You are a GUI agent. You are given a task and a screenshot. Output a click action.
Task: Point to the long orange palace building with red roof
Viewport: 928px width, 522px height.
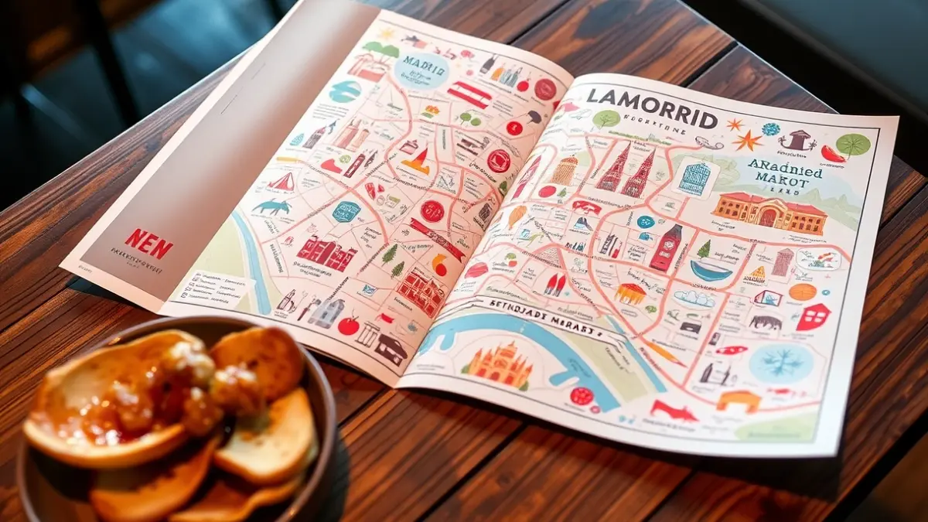pyautogui.click(x=769, y=212)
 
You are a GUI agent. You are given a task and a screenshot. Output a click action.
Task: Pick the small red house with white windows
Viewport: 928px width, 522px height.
pyautogui.click(x=813, y=316)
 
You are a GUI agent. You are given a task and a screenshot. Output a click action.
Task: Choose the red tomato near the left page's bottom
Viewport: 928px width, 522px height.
pyautogui.click(x=349, y=326)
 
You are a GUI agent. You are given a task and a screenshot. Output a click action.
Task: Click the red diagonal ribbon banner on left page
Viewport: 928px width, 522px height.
pyautogui.click(x=437, y=237)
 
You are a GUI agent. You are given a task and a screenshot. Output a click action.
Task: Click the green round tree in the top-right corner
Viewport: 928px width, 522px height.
pyautogui.click(x=853, y=145)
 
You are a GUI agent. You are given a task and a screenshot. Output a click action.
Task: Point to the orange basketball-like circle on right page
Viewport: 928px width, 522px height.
pyautogui.click(x=802, y=292)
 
